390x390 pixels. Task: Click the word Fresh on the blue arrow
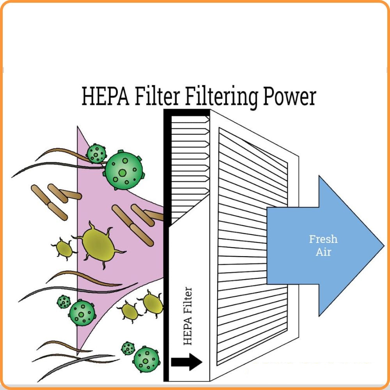click(323, 239)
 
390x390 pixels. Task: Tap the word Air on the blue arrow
click(323, 252)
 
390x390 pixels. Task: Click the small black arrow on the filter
click(187, 362)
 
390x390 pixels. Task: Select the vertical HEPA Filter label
click(188, 316)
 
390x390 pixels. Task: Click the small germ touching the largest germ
click(96, 153)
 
